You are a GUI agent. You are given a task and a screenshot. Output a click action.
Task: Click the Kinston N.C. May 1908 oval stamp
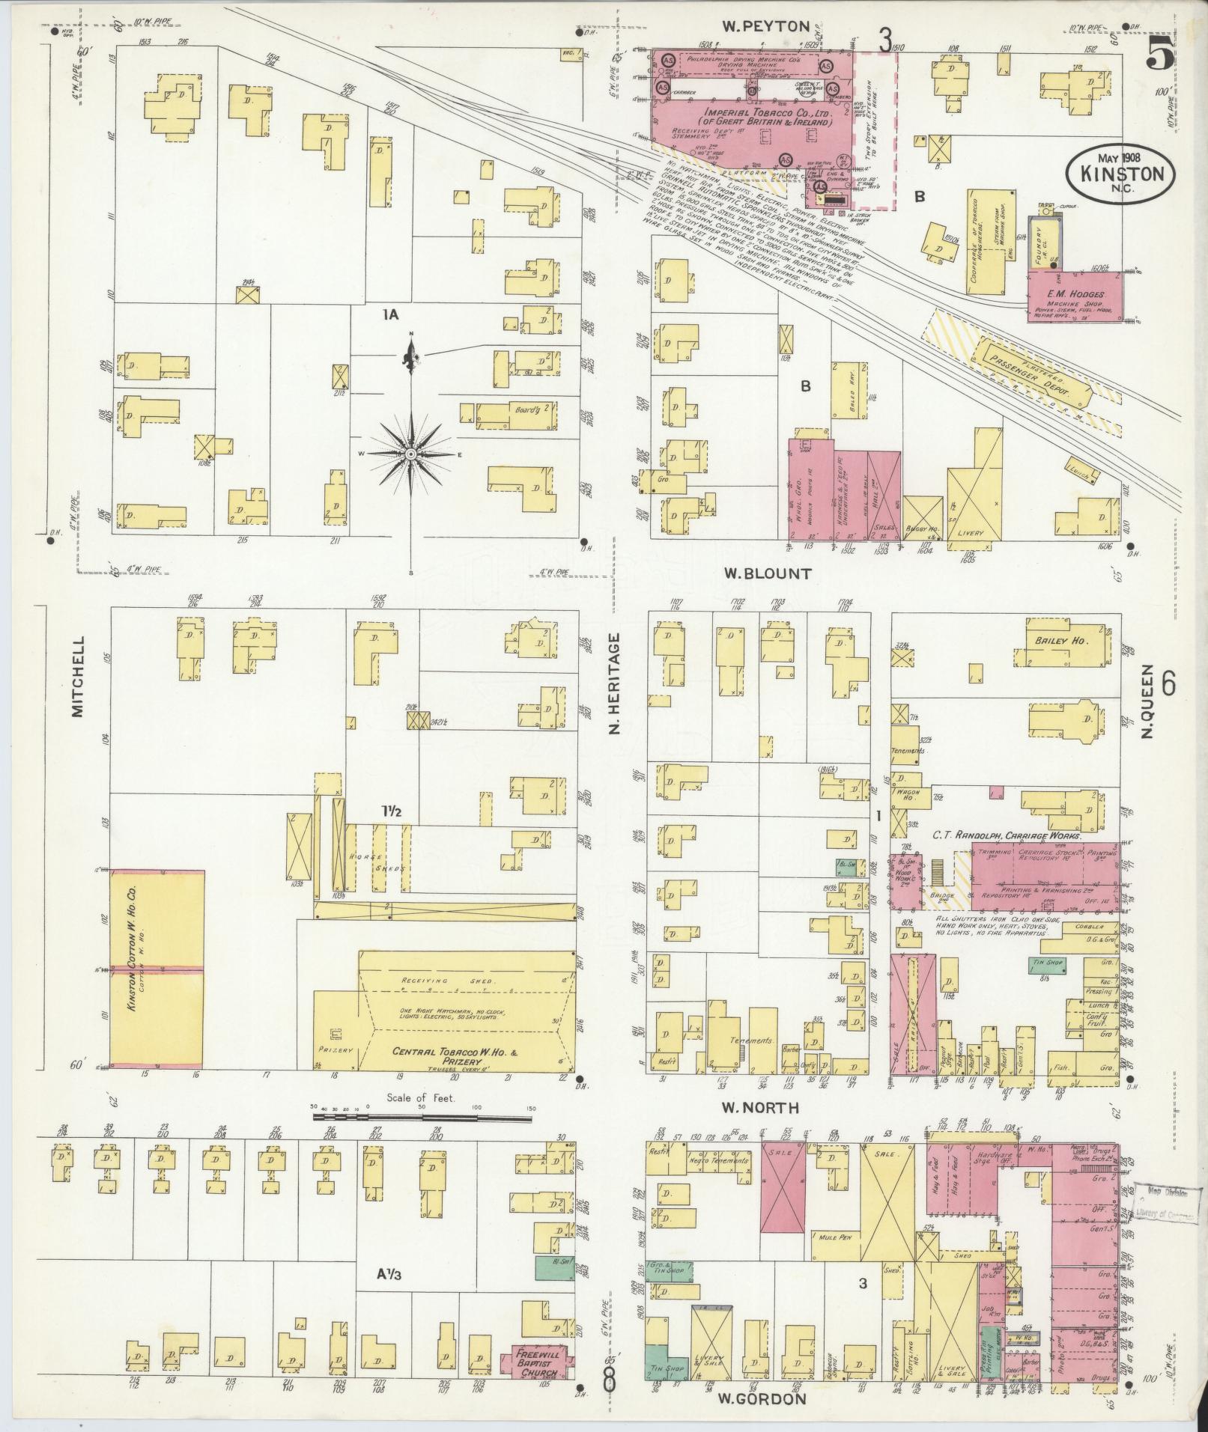(1121, 173)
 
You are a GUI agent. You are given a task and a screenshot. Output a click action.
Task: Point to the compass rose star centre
(410, 454)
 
